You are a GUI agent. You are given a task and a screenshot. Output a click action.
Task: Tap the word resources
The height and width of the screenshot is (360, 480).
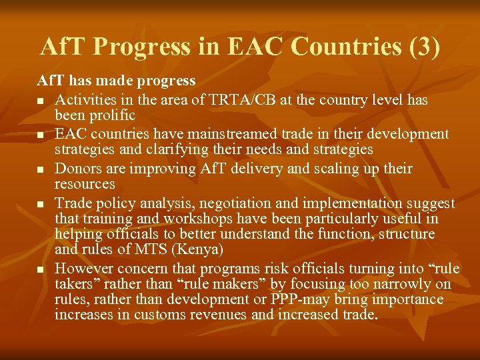[85, 184]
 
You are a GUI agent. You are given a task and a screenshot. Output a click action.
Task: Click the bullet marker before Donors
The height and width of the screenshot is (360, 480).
[41, 169]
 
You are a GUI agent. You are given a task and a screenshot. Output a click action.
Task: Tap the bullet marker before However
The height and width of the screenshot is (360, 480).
[41, 269]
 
